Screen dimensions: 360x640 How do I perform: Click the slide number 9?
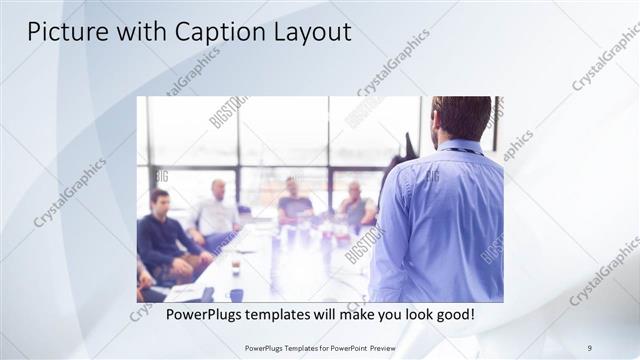coord(590,347)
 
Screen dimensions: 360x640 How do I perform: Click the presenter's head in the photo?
coord(461,118)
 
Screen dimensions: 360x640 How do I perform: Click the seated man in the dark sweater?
coord(160,235)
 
